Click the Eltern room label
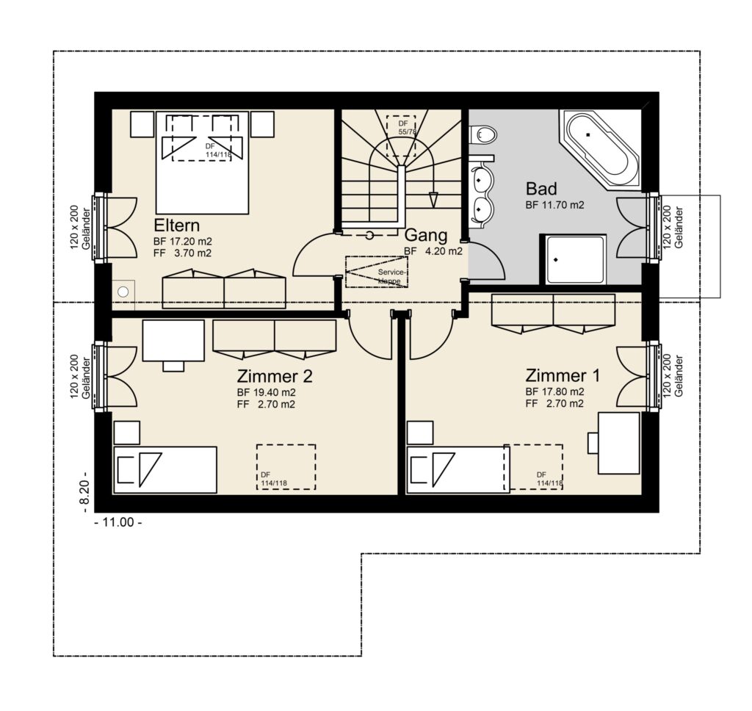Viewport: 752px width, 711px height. [x=176, y=225]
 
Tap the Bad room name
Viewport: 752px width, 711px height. [x=541, y=189]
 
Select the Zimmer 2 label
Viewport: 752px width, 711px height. [x=275, y=375]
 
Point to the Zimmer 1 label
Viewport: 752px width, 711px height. [x=563, y=375]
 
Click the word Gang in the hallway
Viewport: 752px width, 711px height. [x=426, y=235]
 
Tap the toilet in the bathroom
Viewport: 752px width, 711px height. [x=482, y=134]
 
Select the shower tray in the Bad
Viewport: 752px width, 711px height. [x=574, y=259]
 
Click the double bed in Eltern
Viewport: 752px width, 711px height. [x=202, y=162]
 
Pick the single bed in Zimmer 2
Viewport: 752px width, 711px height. [x=164, y=469]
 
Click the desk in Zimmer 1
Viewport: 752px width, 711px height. [x=618, y=443]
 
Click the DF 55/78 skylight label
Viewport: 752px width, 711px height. [x=405, y=128]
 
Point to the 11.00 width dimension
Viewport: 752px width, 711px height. [x=118, y=522]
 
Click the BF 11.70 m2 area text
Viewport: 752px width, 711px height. [x=555, y=206]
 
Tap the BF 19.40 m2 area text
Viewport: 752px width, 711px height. [x=266, y=392]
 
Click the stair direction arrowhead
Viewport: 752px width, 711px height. [x=433, y=199]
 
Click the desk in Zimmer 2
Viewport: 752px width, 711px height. [x=173, y=345]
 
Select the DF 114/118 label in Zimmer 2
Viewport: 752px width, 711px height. [x=274, y=479]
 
